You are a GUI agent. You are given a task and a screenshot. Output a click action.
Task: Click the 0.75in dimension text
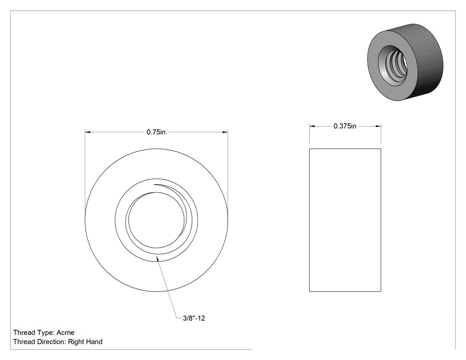coord(156,132)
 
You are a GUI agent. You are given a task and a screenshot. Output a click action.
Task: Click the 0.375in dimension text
coord(345,126)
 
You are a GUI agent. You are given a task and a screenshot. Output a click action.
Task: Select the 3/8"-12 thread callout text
coord(194,318)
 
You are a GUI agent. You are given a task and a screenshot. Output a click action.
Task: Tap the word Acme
coord(65,332)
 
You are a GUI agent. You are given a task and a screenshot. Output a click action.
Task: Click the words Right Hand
coord(85,342)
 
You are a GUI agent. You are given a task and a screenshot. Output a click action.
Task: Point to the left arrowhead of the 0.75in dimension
coord(88,132)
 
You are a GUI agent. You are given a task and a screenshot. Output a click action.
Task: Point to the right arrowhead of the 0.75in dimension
coord(225,132)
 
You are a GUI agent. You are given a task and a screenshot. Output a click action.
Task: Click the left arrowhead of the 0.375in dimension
coord(312,126)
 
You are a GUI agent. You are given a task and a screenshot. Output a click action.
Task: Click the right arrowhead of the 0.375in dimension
coord(378,126)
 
